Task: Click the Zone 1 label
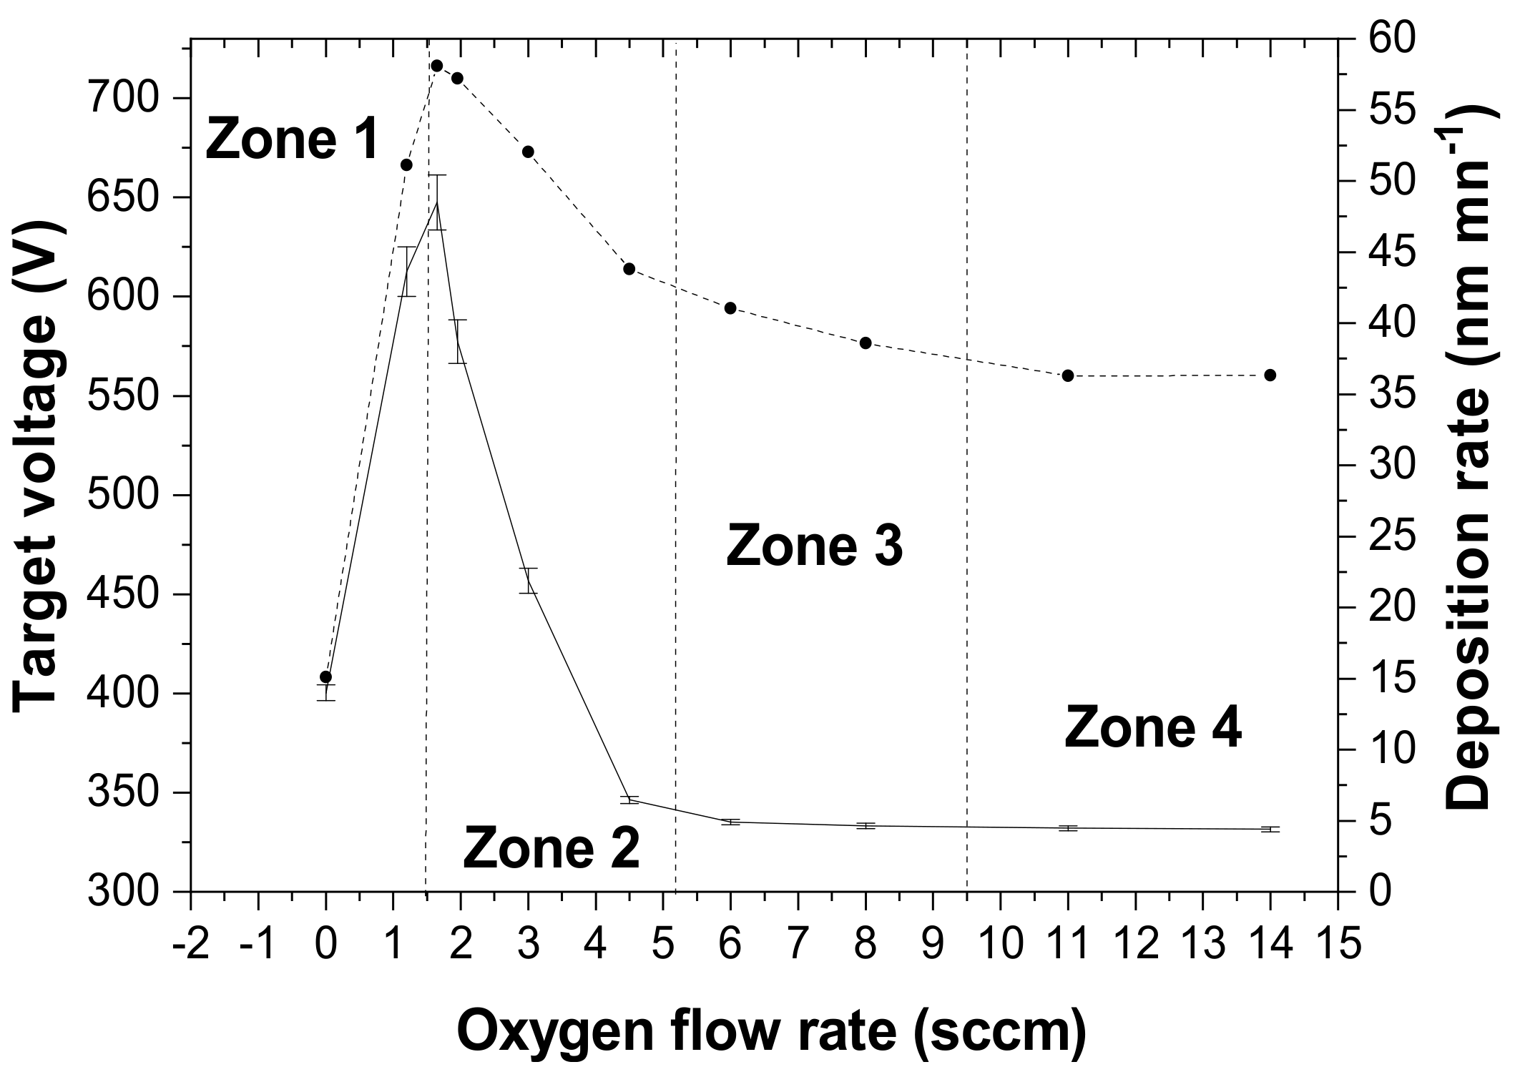pyautogui.click(x=292, y=139)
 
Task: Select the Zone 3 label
pyautogui.click(x=814, y=546)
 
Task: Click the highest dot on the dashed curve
pyautogui.click(x=437, y=66)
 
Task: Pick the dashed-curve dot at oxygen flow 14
pyautogui.click(x=1270, y=375)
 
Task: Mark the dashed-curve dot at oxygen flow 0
pyautogui.click(x=325, y=677)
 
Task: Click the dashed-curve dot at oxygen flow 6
pyautogui.click(x=730, y=308)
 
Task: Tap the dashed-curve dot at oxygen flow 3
pyautogui.click(x=528, y=152)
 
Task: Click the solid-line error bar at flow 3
pyautogui.click(x=528, y=580)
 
